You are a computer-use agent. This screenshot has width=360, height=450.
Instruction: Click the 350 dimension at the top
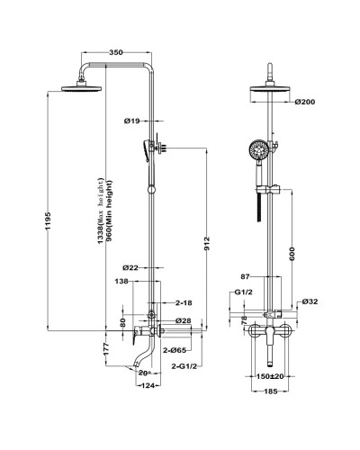click(x=116, y=52)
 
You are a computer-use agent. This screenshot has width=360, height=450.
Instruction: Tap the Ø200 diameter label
click(x=305, y=102)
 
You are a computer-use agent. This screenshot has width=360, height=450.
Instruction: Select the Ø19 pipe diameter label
click(x=132, y=121)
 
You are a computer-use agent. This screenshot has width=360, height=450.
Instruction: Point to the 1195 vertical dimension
click(x=49, y=221)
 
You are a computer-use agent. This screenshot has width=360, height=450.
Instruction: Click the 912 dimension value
click(x=207, y=244)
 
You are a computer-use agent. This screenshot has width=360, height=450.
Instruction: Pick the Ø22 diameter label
click(x=130, y=267)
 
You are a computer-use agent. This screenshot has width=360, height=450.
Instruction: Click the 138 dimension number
click(x=121, y=282)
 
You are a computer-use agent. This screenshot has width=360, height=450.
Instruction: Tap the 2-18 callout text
click(x=184, y=303)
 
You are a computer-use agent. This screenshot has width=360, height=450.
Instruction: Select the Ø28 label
click(x=184, y=320)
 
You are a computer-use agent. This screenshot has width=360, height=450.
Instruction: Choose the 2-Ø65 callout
click(x=175, y=350)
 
